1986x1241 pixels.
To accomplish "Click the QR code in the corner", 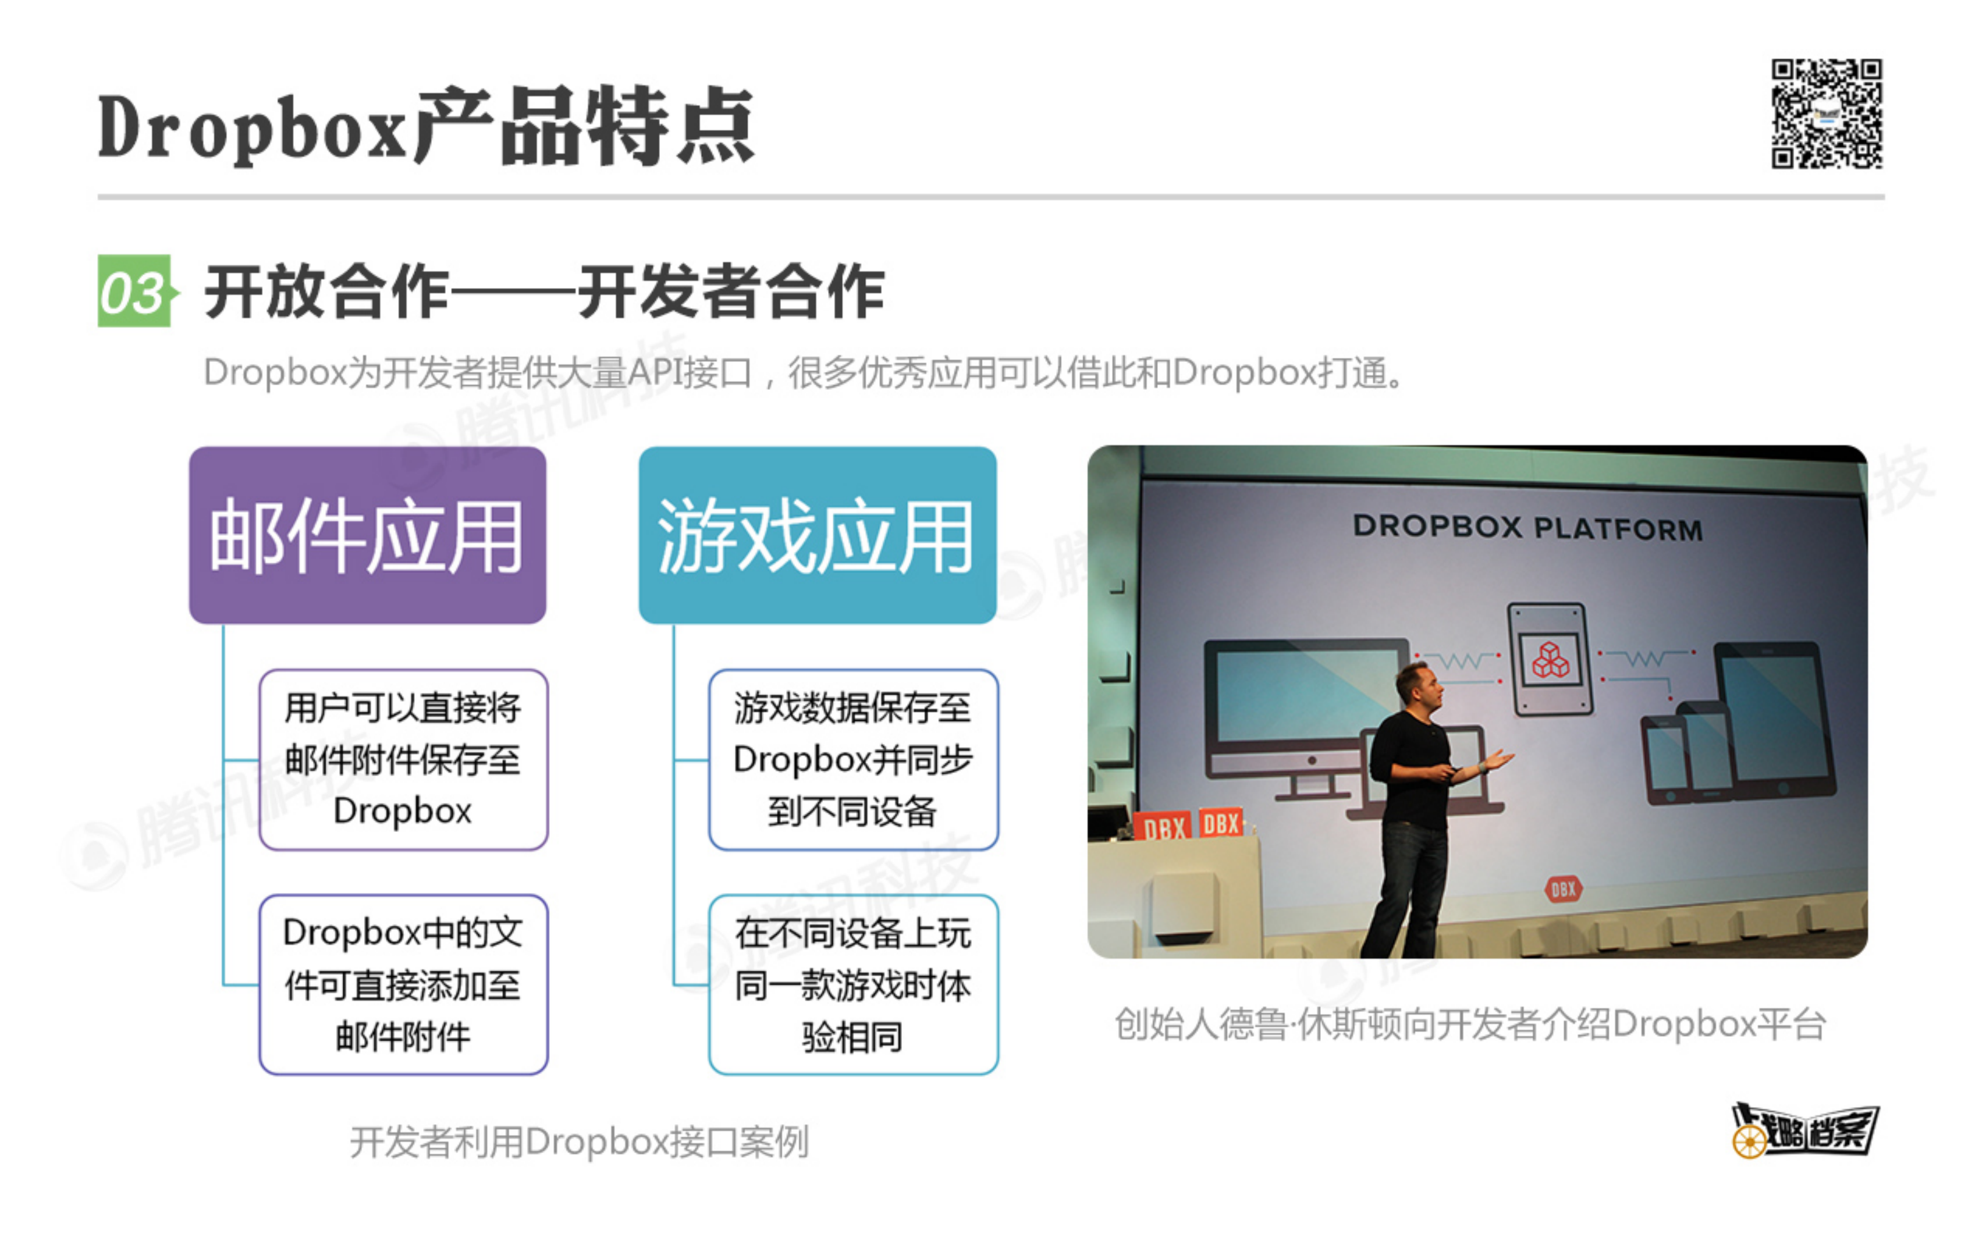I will pyautogui.click(x=1826, y=113).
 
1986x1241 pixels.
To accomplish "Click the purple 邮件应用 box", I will pyautogui.click(x=368, y=535).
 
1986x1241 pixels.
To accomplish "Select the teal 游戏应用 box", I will pyautogui.click(x=818, y=535).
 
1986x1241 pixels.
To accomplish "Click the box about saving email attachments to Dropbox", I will pyautogui.click(x=403, y=759).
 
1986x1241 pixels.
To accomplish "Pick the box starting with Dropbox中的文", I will pyautogui.click(x=403, y=984).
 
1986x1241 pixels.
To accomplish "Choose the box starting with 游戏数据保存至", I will pyautogui.click(x=852, y=759).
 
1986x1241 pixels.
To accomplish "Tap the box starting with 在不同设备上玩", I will pyautogui.click(x=852, y=984).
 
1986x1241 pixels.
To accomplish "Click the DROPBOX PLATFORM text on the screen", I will pyautogui.click(x=1527, y=527).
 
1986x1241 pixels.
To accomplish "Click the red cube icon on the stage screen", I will pyautogui.click(x=1550, y=660).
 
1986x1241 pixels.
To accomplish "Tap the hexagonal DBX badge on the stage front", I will pyautogui.click(x=1564, y=888).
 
